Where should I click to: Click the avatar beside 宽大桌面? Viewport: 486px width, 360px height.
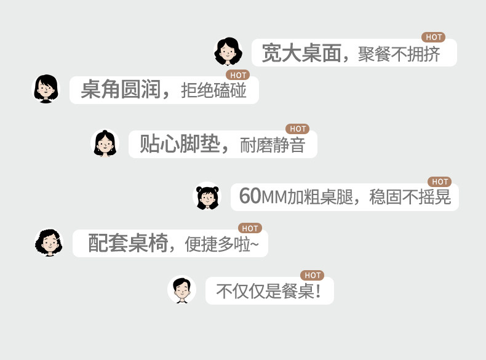tap(228, 52)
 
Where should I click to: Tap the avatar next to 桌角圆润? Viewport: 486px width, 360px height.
tap(46, 89)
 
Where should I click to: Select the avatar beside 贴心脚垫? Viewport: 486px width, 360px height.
tap(105, 143)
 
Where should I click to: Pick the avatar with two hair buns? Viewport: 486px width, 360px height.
tap(207, 196)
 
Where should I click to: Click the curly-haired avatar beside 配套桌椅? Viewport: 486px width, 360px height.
tap(49, 242)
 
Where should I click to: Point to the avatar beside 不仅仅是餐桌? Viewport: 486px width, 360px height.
tap(181, 290)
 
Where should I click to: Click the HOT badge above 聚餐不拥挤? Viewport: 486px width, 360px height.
tap(433, 38)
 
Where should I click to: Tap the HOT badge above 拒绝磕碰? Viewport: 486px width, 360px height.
tap(237, 75)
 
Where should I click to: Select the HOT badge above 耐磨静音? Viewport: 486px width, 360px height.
tap(297, 129)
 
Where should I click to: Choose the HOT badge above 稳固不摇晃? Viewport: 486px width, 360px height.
tap(439, 182)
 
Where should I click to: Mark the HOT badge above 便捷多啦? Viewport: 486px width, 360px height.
tap(249, 228)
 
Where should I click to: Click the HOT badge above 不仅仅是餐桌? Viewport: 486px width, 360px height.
tap(312, 275)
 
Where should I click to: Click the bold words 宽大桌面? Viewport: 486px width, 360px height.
tap(301, 54)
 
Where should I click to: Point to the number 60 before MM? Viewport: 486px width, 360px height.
tap(250, 196)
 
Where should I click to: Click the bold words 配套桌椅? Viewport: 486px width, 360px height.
tap(127, 243)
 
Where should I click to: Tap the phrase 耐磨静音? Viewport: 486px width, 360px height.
tap(272, 145)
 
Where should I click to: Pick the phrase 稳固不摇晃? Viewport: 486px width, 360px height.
tap(410, 197)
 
